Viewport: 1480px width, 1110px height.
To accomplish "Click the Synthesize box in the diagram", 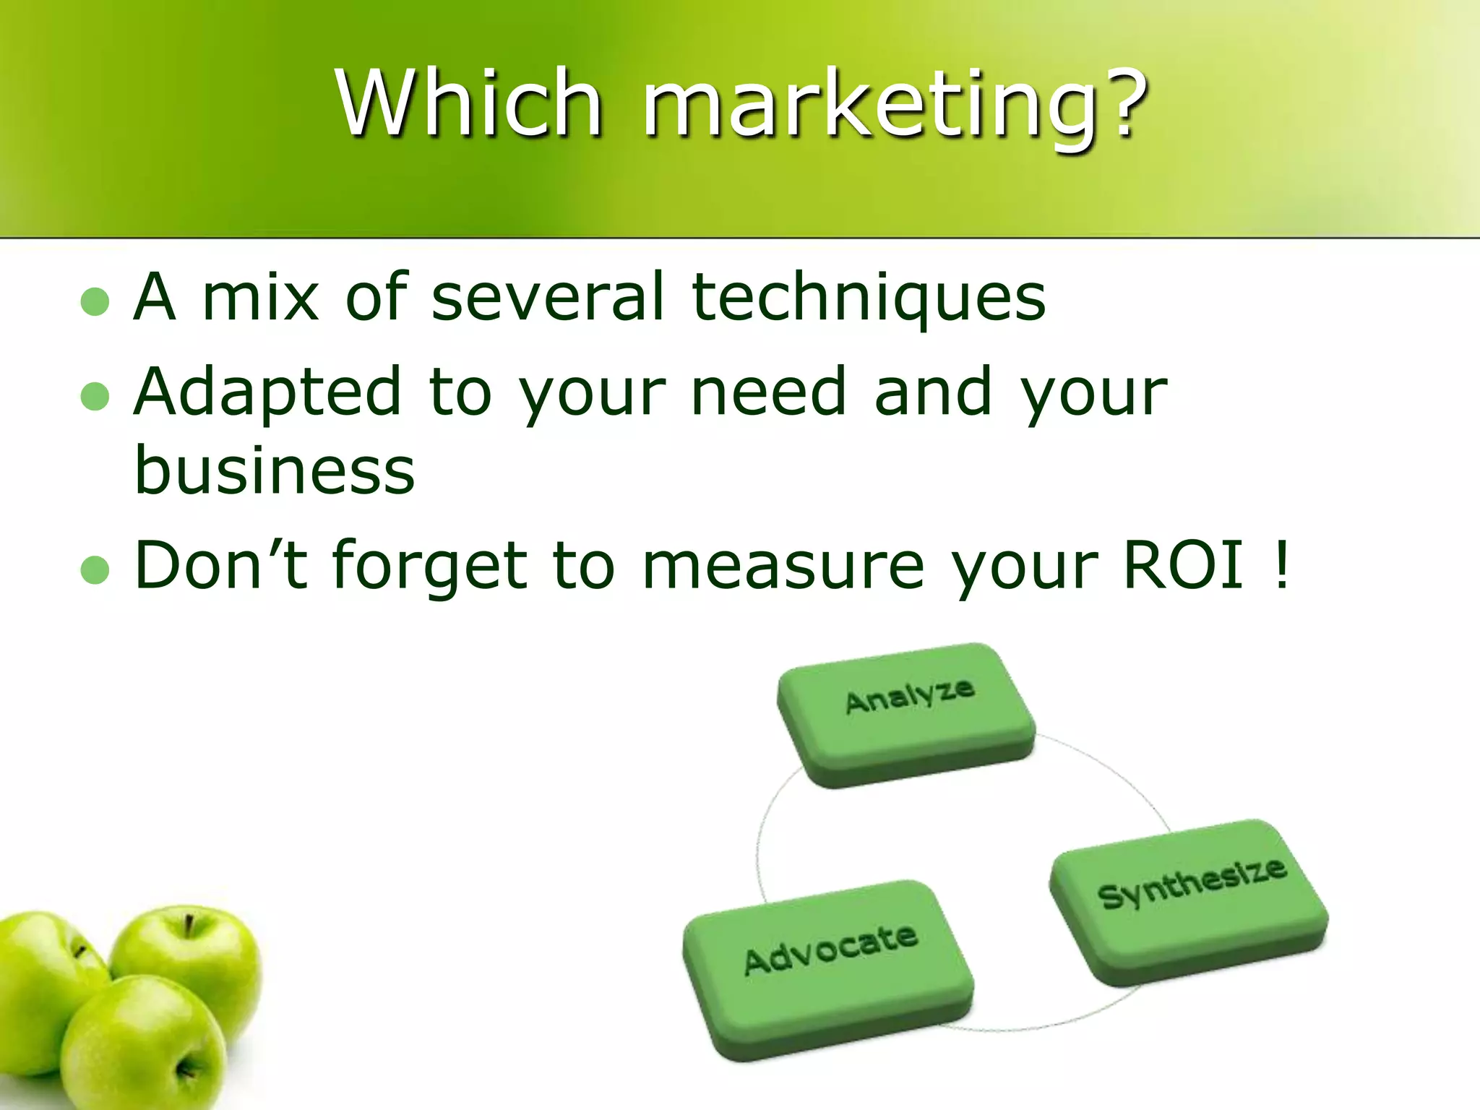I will pyautogui.click(x=1189, y=900).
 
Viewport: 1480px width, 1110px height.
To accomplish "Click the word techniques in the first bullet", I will pyautogui.click(x=868, y=297).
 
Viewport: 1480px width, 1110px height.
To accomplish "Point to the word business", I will pyautogui.click(x=275, y=470).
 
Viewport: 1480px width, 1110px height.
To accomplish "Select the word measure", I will pyautogui.click(x=783, y=567).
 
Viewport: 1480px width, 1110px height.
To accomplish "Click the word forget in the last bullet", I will pyautogui.click(x=430, y=568).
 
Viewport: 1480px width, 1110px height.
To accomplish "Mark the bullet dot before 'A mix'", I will pyautogui.click(x=95, y=302).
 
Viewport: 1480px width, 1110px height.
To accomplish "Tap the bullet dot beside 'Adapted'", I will pyautogui.click(x=95, y=397).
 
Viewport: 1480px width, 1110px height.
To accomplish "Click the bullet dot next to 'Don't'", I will pyautogui.click(x=95, y=570).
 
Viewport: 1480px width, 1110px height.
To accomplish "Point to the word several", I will pyautogui.click(x=547, y=297).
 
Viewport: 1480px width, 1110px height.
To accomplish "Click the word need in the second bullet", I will pyautogui.click(x=767, y=392).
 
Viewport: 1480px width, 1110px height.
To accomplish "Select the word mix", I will pyautogui.click(x=260, y=297).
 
